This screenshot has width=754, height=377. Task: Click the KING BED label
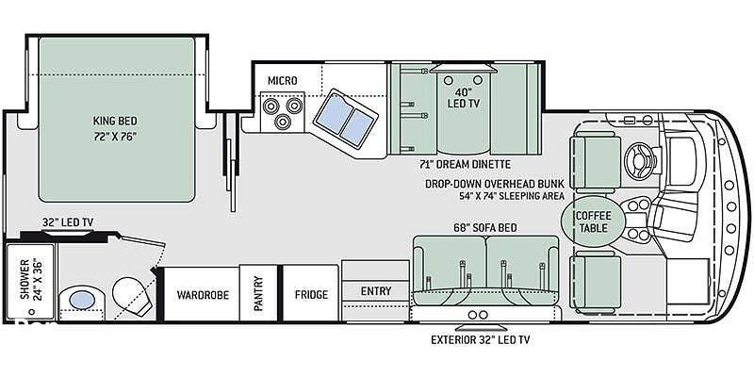click(x=115, y=121)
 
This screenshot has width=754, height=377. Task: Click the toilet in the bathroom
click(x=131, y=295)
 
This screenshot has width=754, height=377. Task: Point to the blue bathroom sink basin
click(x=82, y=301)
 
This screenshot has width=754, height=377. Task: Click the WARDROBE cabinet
click(x=202, y=294)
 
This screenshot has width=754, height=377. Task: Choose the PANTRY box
click(x=258, y=293)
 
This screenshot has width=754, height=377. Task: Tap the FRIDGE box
click(x=311, y=293)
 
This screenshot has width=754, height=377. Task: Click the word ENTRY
click(x=376, y=291)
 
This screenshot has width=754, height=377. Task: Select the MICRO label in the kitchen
click(x=282, y=80)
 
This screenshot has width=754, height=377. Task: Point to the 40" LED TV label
click(x=461, y=98)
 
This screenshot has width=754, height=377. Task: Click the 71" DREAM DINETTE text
click(x=465, y=164)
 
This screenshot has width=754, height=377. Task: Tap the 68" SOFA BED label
click(x=485, y=227)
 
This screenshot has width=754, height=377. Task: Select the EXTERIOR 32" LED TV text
click(x=480, y=340)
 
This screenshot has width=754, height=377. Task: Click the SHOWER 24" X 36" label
click(x=30, y=280)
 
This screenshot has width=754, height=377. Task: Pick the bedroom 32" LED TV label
click(x=67, y=222)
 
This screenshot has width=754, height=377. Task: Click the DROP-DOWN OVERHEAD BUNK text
click(x=494, y=184)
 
